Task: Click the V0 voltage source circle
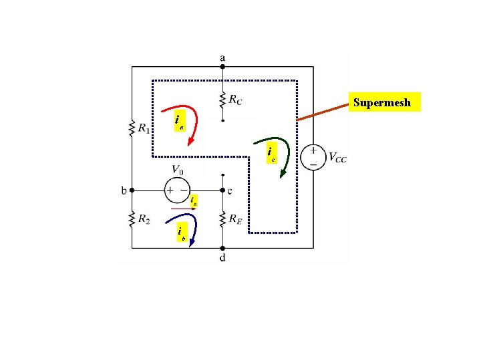(177, 190)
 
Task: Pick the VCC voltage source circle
(311, 157)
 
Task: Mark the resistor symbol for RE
(222, 219)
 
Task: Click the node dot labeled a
(222, 66)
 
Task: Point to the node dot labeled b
(132, 190)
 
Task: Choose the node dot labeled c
(222, 190)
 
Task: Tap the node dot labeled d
(222, 248)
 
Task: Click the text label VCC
(337, 158)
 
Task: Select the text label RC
(235, 101)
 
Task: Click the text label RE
(235, 219)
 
